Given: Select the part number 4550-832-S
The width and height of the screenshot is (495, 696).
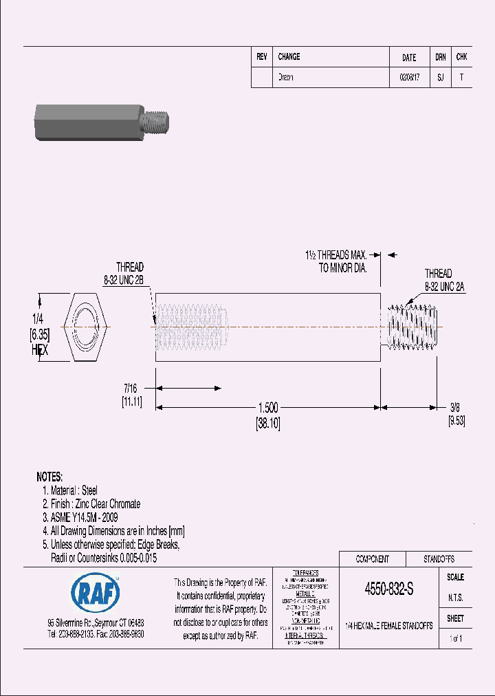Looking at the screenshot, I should pyautogui.click(x=388, y=590).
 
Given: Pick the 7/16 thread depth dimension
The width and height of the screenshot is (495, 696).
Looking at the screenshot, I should pyautogui.click(x=131, y=389).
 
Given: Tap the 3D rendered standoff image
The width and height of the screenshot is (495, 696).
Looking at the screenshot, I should pyautogui.click(x=102, y=122).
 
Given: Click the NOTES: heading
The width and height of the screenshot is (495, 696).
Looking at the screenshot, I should pyautogui.click(x=49, y=477).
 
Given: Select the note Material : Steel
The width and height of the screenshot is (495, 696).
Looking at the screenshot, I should pyautogui.click(x=69, y=490).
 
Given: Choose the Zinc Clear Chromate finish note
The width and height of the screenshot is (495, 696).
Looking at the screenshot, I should pyautogui.click(x=91, y=504).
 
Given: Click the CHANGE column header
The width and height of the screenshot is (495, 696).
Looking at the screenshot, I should pyautogui.click(x=289, y=57).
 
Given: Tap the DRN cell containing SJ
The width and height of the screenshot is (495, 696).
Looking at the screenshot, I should pyautogui.click(x=440, y=78).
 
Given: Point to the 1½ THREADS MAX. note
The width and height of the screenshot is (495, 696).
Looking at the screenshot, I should pyautogui.click(x=336, y=254).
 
